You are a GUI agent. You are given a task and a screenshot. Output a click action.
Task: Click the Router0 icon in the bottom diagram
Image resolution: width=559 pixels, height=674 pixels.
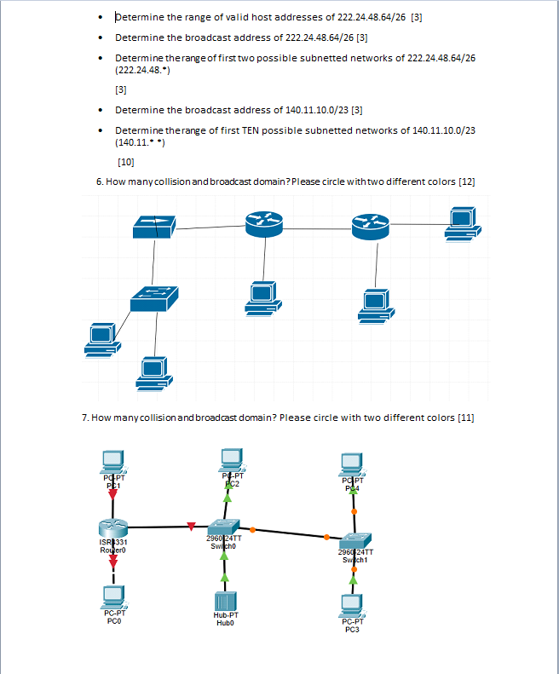point(112,527)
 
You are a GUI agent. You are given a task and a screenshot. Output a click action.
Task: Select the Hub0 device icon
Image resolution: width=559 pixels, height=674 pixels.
point(225,602)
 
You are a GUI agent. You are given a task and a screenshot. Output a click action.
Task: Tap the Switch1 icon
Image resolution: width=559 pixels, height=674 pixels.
point(354,540)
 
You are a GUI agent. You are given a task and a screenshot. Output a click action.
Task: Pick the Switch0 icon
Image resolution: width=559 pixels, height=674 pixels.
point(224,527)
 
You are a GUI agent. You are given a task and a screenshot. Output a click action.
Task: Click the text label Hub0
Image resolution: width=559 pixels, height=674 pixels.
point(225,622)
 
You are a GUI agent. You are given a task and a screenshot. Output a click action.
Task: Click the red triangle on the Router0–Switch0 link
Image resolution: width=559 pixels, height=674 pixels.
point(191,526)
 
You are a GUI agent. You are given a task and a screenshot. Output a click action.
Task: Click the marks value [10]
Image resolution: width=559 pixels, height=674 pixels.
point(125,160)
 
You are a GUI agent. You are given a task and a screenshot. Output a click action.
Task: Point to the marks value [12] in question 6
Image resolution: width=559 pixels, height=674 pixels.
point(466,181)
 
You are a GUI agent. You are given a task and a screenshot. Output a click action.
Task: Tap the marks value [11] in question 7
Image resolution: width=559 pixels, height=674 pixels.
point(465,418)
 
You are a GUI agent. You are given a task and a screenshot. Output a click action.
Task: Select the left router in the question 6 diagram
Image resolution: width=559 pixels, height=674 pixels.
point(262,223)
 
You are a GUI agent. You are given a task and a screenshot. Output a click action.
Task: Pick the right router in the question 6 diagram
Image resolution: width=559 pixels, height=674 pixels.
point(370,223)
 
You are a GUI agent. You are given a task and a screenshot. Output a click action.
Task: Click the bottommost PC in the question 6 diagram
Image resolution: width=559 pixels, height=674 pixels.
point(153,372)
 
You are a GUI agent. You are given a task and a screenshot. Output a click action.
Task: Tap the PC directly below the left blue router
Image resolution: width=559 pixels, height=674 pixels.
point(262,296)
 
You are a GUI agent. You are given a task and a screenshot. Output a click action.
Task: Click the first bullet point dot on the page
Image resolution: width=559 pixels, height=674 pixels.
point(101,17)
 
